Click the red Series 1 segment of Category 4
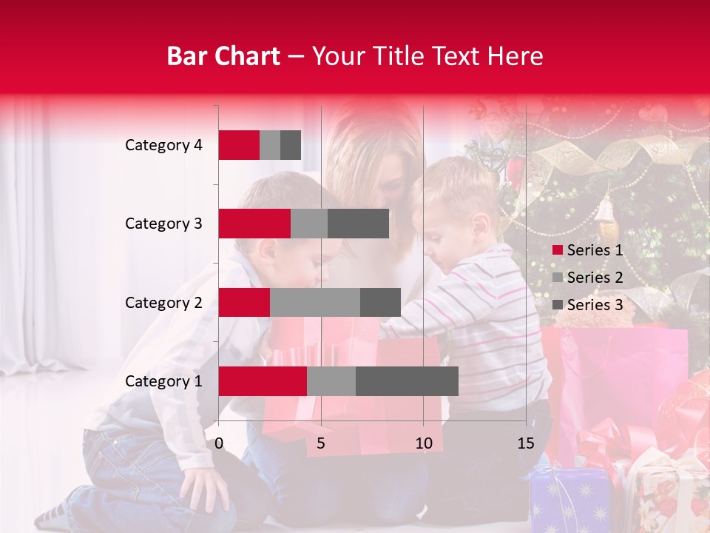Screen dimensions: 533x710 (239, 145)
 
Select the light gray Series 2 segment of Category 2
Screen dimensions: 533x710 (315, 302)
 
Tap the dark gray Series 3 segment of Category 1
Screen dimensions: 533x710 (407, 381)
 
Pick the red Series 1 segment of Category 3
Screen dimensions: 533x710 (254, 224)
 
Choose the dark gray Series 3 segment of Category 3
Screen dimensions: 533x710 (358, 224)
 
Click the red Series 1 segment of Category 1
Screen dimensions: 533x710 (263, 381)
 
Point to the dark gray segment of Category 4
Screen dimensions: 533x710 (291, 145)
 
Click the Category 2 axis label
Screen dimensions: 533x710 (163, 302)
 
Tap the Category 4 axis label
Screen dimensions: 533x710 (163, 145)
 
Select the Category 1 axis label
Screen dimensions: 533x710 (163, 381)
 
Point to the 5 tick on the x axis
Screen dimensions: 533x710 (321, 443)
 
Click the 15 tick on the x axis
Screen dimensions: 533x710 (525, 443)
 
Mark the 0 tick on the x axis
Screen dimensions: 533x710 (219, 443)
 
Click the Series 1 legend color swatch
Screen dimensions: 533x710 (557, 250)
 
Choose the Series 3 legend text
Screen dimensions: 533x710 (595, 305)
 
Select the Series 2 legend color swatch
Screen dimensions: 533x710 (557, 278)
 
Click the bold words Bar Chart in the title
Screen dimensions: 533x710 (223, 56)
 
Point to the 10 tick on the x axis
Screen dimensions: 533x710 (423, 443)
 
